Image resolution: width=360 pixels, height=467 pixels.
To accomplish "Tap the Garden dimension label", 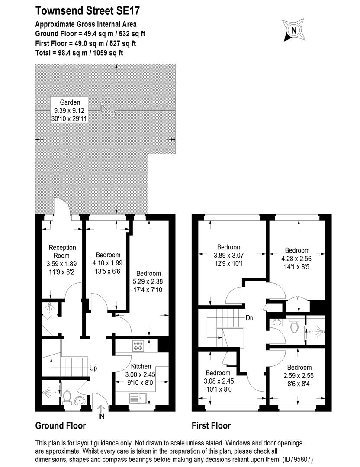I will [70, 110].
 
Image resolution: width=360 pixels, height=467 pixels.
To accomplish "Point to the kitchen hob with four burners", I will [138, 345].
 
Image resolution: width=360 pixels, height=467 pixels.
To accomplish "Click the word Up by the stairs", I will [93, 368].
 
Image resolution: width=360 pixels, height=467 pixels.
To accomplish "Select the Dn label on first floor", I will [249, 318].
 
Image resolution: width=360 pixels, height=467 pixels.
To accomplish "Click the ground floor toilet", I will [67, 396].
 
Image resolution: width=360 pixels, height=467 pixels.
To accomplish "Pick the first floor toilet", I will [295, 325].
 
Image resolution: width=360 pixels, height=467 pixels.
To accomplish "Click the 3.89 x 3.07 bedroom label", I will [229, 255].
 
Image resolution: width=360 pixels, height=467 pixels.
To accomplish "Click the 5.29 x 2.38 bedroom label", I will [148, 281].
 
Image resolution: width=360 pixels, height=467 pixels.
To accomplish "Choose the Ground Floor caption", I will [60, 426].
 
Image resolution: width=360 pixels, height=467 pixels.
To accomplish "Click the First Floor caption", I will [211, 426].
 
